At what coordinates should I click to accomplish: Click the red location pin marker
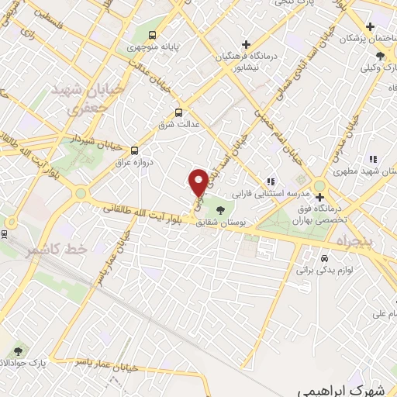tap(198, 183)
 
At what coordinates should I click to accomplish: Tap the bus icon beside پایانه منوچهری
tap(152, 35)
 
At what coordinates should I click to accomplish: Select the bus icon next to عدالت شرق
tap(179, 112)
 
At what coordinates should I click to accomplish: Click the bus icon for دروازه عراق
tap(135, 150)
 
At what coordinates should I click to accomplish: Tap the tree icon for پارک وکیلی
tap(379, 56)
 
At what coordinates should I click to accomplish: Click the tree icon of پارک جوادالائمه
tap(18, 351)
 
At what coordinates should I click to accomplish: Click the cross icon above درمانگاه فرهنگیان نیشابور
tap(246, 44)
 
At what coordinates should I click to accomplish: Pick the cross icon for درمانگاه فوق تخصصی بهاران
tap(319, 197)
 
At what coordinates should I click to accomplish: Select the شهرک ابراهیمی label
tap(340, 387)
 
